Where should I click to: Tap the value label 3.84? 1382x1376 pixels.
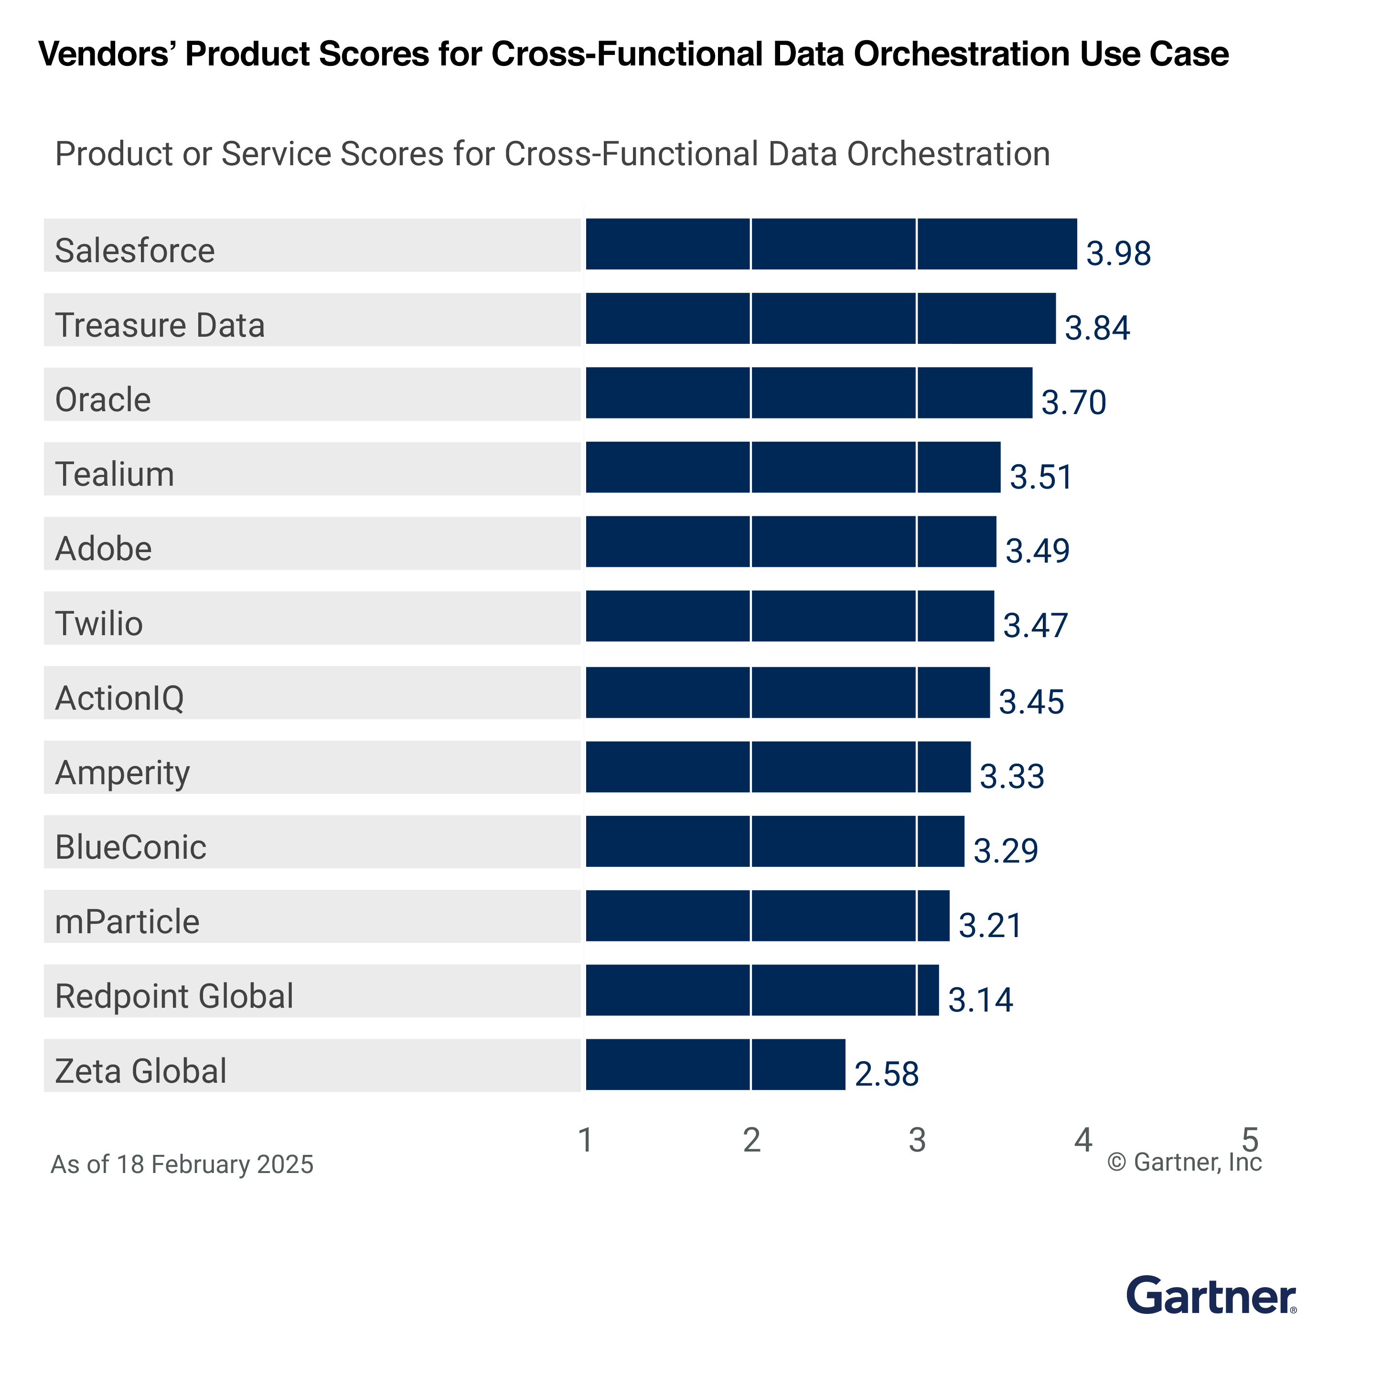tap(1097, 328)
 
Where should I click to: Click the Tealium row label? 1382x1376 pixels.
tap(115, 474)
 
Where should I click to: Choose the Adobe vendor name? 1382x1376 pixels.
tap(104, 549)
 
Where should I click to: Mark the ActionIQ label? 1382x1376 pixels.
tap(119, 698)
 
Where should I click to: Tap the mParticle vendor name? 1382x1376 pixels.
tap(128, 921)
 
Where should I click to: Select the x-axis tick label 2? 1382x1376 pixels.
tap(751, 1140)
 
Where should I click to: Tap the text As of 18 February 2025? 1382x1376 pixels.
tap(182, 1164)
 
